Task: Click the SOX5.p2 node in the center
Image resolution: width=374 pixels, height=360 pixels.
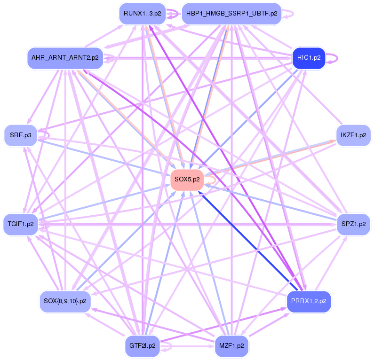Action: point(187,179)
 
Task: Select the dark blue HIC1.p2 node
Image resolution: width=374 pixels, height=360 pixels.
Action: point(309,58)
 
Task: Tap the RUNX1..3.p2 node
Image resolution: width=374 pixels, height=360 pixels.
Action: point(142,13)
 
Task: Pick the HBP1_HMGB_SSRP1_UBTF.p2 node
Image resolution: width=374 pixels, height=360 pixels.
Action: point(231,13)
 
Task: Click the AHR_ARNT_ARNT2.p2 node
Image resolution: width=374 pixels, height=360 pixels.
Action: point(65,58)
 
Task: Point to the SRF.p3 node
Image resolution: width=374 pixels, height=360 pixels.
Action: point(20,135)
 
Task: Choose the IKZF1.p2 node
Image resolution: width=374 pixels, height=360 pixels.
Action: point(353,135)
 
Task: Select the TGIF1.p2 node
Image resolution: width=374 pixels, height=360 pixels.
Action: point(20,224)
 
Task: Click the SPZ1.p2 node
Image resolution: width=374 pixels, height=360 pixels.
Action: point(353,224)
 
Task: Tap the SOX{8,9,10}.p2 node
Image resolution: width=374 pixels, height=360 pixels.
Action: point(65,301)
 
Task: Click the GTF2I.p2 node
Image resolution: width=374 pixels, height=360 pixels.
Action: point(142,345)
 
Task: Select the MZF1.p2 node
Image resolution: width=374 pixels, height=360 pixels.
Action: point(231,345)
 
